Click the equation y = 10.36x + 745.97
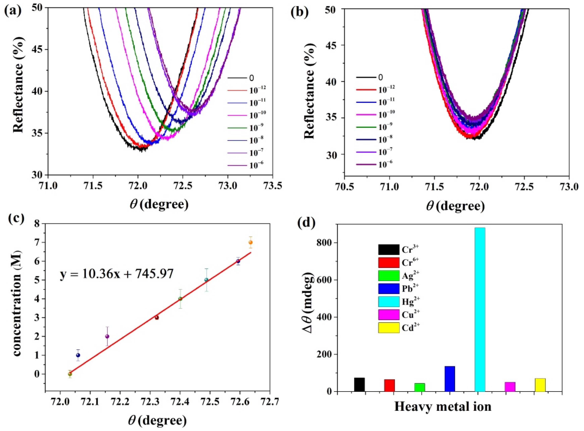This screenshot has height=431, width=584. pos(117,274)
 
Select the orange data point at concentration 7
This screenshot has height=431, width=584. pos(251,242)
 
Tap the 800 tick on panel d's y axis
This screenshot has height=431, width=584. pos(327,243)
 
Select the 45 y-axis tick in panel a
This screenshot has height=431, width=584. pos(37,50)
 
